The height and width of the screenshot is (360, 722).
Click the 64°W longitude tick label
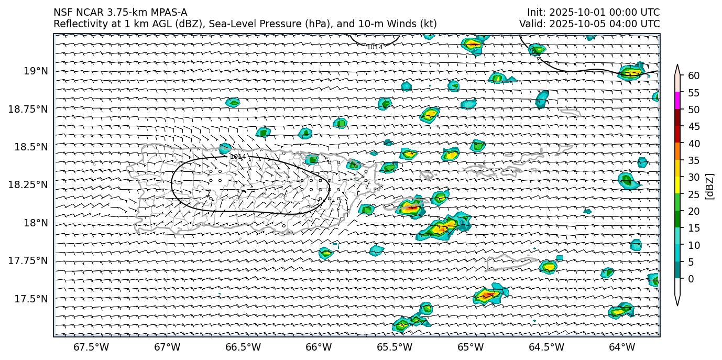(622, 347)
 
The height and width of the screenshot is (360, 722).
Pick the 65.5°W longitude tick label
(394, 347)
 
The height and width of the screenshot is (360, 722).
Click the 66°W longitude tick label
(319, 347)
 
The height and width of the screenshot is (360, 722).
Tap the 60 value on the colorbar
(694, 76)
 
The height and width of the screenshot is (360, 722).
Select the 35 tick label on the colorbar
(694, 160)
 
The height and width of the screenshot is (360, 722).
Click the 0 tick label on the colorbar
(691, 279)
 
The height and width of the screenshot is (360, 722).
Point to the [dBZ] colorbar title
(710, 186)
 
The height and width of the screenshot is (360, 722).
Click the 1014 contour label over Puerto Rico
(238, 157)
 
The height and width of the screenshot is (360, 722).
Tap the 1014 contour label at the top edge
(375, 47)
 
